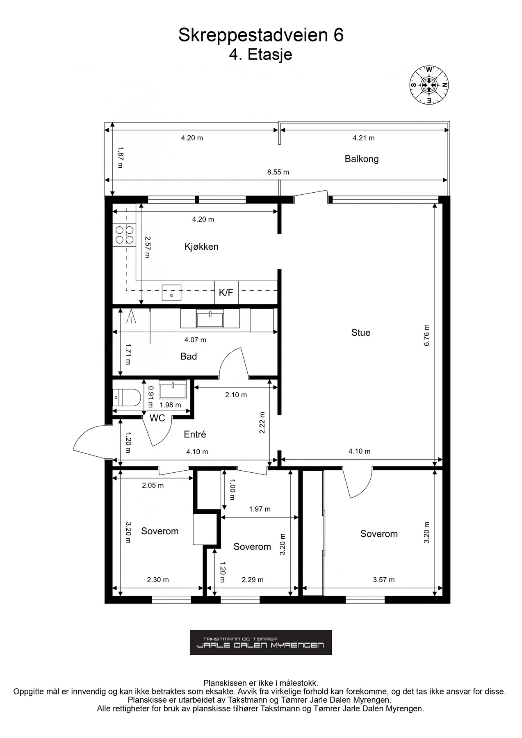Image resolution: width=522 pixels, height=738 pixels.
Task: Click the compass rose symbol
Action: click(x=429, y=85)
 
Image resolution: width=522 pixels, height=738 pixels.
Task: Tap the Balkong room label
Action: click(x=361, y=159)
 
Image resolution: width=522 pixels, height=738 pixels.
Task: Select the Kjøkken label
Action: click(x=201, y=246)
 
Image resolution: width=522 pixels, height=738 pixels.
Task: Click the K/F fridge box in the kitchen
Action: click(x=226, y=292)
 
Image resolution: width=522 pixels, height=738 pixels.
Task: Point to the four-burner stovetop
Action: click(x=125, y=235)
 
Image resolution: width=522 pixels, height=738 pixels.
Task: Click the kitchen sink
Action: click(x=171, y=293)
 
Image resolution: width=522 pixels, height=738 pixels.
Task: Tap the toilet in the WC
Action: click(x=127, y=397)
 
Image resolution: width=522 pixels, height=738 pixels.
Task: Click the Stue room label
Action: click(x=361, y=333)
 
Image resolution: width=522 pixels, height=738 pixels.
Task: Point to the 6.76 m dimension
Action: click(x=426, y=335)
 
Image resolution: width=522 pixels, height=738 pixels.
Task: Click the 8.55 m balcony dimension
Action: click(x=278, y=172)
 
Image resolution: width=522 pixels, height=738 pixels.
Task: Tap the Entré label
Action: click(x=195, y=434)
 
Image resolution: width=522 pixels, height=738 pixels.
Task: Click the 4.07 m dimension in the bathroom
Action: click(x=195, y=340)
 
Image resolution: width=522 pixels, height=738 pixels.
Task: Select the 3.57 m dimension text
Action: click(x=384, y=580)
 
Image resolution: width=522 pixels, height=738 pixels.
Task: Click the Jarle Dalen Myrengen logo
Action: click(x=261, y=642)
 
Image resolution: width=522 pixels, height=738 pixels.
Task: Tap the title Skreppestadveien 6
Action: click(x=261, y=35)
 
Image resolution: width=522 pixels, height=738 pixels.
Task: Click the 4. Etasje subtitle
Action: click(x=261, y=55)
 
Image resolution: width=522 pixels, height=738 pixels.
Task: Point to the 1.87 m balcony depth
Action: click(x=120, y=157)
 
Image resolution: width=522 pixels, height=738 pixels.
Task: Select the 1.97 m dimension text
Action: click(x=260, y=509)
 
